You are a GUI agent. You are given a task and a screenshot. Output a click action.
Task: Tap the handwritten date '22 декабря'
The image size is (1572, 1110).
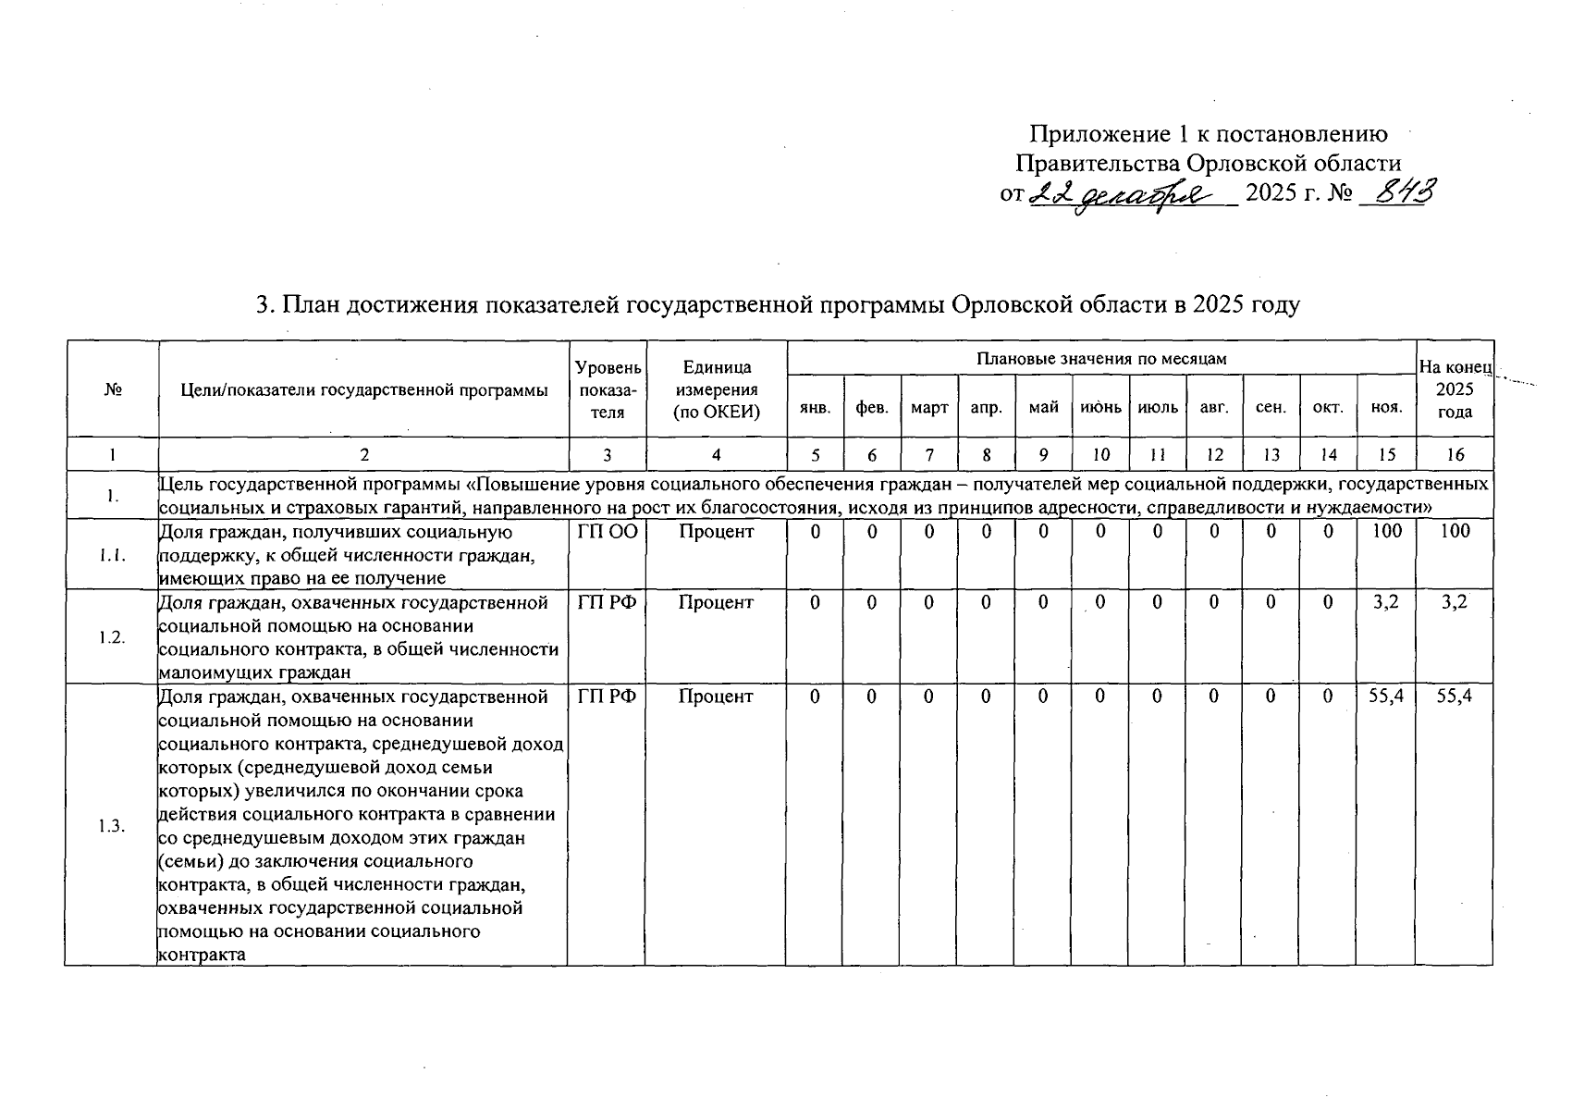(x=1132, y=195)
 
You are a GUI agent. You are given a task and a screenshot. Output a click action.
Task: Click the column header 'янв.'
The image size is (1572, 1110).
(x=815, y=407)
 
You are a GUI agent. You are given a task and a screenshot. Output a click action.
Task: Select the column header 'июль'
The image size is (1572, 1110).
(x=1158, y=407)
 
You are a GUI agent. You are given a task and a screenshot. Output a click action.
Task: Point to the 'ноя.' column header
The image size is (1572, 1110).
(x=1386, y=407)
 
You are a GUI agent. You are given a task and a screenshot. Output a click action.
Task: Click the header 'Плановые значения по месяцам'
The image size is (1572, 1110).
(x=1101, y=359)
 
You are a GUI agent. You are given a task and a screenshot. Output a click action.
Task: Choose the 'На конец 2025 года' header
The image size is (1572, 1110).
(x=1455, y=389)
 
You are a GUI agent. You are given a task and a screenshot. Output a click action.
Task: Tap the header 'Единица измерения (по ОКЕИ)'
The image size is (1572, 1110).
(x=717, y=389)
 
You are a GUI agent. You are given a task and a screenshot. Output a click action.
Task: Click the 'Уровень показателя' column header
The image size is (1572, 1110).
(x=608, y=389)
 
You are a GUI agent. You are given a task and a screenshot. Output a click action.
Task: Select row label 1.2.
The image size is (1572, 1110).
(x=112, y=637)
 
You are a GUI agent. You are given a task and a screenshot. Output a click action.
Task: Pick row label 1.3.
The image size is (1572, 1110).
(x=112, y=826)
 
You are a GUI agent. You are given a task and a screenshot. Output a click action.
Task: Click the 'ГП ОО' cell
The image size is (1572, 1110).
(x=608, y=532)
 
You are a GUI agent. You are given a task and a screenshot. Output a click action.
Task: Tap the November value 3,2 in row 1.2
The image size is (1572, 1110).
(x=1386, y=602)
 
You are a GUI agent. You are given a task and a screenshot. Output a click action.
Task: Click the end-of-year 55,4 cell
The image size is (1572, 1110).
(x=1455, y=697)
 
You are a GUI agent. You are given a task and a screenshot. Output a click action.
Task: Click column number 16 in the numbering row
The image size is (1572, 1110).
(x=1455, y=455)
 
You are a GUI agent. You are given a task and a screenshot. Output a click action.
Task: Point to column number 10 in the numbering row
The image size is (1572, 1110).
(x=1100, y=455)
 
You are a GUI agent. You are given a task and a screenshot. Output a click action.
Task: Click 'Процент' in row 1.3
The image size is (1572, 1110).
(x=716, y=697)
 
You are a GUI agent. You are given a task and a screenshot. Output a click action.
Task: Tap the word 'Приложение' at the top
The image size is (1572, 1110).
(x=1087, y=135)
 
